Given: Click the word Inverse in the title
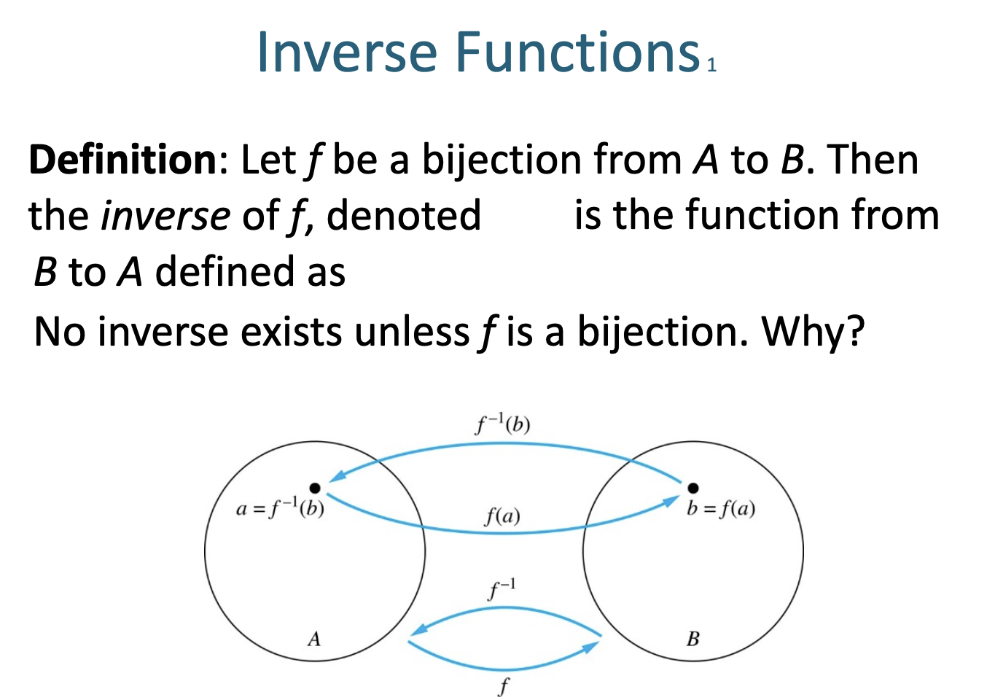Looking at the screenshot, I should (x=347, y=52).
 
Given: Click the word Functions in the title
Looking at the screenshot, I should (x=578, y=52).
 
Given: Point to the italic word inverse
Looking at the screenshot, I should (x=166, y=216).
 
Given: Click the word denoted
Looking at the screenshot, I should (x=404, y=216).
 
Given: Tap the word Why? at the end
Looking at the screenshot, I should (x=814, y=332).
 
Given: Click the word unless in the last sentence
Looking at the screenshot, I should (x=412, y=332).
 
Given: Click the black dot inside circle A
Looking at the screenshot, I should (x=314, y=488).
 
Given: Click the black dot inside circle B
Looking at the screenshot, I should (x=693, y=488).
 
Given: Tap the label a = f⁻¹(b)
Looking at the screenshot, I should (x=280, y=508).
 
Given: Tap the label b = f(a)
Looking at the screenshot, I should (x=720, y=508).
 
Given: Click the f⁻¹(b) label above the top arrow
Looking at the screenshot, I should (x=503, y=424).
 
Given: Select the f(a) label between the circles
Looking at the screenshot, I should (x=502, y=516).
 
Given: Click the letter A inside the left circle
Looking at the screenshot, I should (x=314, y=639).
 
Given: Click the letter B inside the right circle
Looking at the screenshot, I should (x=693, y=639).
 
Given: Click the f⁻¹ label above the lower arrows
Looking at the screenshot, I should (x=502, y=588).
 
